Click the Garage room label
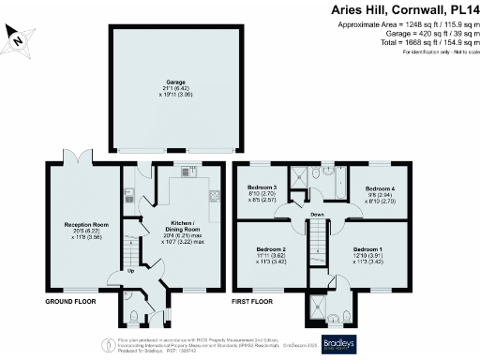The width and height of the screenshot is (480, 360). point(174,91)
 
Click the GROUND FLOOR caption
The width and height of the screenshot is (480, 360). point(73,304)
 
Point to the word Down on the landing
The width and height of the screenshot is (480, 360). point(317,214)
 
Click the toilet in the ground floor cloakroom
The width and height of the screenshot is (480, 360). point(135,314)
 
